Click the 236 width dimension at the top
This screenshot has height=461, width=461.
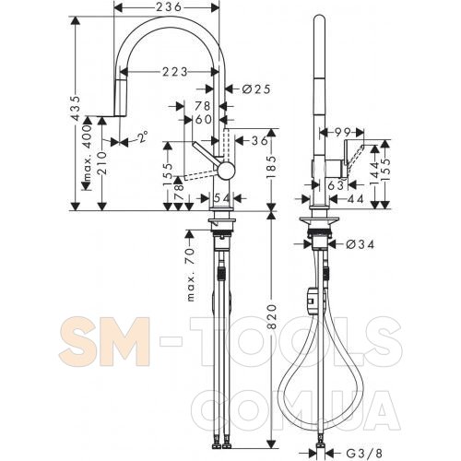point(169,7)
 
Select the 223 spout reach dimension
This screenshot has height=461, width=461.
point(175,72)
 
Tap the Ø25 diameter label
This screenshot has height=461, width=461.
point(256,89)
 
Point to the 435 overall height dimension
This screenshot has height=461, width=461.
point(76,108)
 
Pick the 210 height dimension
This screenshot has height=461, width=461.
point(101,163)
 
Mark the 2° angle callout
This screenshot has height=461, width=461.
point(142,137)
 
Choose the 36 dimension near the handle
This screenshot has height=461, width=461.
point(260,140)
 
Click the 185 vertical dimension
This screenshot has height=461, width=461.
point(271,168)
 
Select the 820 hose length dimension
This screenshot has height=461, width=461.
point(271,316)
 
